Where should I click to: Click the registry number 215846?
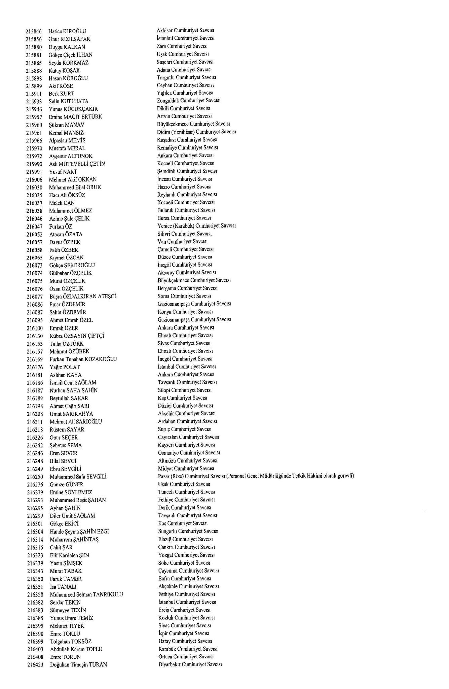click(x=33, y=31)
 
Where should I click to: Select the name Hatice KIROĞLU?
click(x=67, y=31)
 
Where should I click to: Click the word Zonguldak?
click(x=168, y=101)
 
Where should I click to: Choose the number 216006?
click(x=35, y=179)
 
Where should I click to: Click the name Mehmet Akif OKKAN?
click(x=73, y=179)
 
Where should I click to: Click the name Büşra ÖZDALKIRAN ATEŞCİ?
click(x=83, y=297)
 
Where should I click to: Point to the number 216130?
click(x=35, y=336)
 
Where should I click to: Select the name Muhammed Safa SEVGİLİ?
click(x=78, y=477)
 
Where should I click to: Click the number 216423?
click(x=35, y=665)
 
